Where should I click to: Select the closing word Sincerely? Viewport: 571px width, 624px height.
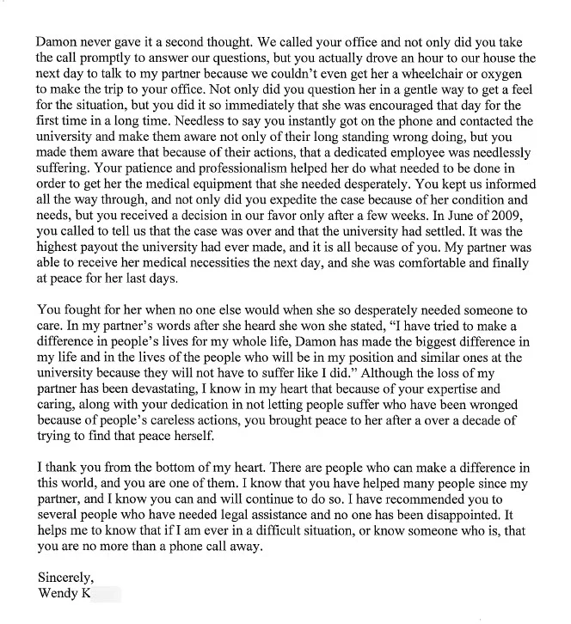(x=66, y=577)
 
